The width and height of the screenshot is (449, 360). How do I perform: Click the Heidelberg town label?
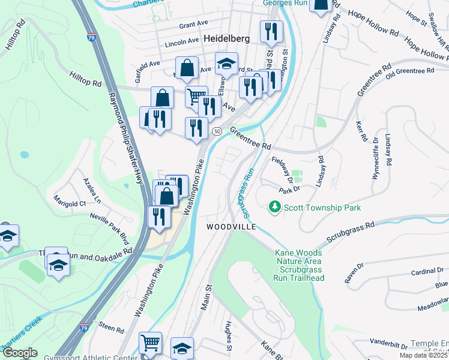226,38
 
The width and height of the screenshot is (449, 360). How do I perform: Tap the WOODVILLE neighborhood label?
231,227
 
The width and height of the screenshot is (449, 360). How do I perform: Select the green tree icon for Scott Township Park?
275,207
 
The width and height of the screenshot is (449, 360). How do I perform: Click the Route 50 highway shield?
217,131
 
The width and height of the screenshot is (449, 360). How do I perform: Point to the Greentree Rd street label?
250,141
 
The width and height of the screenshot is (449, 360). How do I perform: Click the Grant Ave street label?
193,25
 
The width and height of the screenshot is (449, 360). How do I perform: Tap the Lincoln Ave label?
182,42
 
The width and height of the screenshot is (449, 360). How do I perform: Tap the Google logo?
20,353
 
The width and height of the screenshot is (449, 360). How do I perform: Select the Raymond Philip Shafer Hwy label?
125,137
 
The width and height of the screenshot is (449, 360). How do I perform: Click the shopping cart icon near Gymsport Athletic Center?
150,343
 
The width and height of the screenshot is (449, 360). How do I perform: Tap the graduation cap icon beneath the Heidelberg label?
226,64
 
